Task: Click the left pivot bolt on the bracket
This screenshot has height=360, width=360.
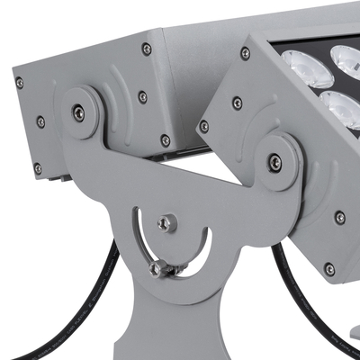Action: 79,112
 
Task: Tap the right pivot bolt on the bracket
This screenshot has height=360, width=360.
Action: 274,162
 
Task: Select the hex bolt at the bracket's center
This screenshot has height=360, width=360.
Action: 166,223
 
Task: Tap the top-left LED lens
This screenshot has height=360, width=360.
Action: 299,65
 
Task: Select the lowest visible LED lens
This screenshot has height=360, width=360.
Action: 340,110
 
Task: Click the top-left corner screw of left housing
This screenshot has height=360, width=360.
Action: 19,83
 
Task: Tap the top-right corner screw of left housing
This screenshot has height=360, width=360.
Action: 147,49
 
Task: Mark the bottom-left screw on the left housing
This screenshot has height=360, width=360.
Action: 38,168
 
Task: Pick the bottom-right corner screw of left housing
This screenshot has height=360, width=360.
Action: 165,140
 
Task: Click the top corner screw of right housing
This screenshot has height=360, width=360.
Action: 245,54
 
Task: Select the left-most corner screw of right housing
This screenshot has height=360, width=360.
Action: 204,126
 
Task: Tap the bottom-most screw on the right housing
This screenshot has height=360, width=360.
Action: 330,269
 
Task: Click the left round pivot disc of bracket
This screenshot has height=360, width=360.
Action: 79,112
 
